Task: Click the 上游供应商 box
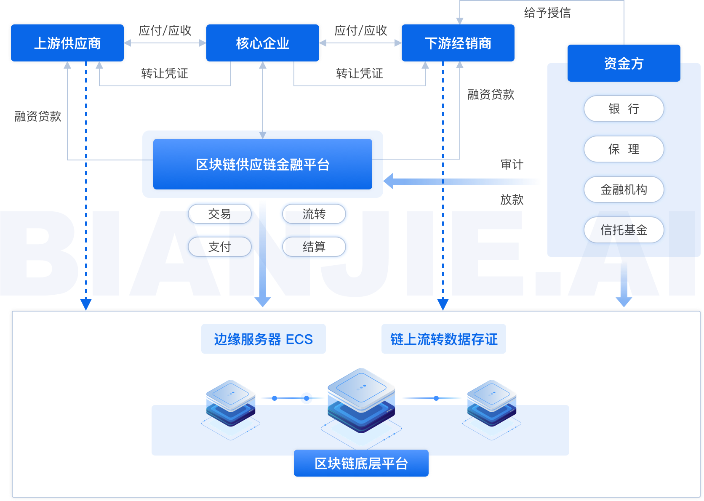click(x=67, y=43)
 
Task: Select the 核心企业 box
click(x=263, y=43)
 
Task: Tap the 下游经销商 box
click(x=458, y=43)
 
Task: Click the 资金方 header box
click(x=624, y=63)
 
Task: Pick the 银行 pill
click(x=624, y=109)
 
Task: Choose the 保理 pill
click(x=624, y=149)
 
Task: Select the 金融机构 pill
click(x=624, y=189)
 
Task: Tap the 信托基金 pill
click(x=624, y=230)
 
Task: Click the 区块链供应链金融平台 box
click(x=263, y=164)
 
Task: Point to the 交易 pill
click(x=219, y=214)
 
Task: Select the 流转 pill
click(x=314, y=214)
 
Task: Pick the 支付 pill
click(x=219, y=247)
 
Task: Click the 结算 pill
click(x=314, y=247)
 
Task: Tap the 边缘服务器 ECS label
click(x=264, y=339)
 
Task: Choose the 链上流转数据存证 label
click(x=444, y=339)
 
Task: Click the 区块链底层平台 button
click(x=361, y=463)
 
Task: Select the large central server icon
click(x=361, y=400)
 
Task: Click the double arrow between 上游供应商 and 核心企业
click(x=165, y=43)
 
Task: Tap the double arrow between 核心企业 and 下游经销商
click(x=360, y=43)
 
